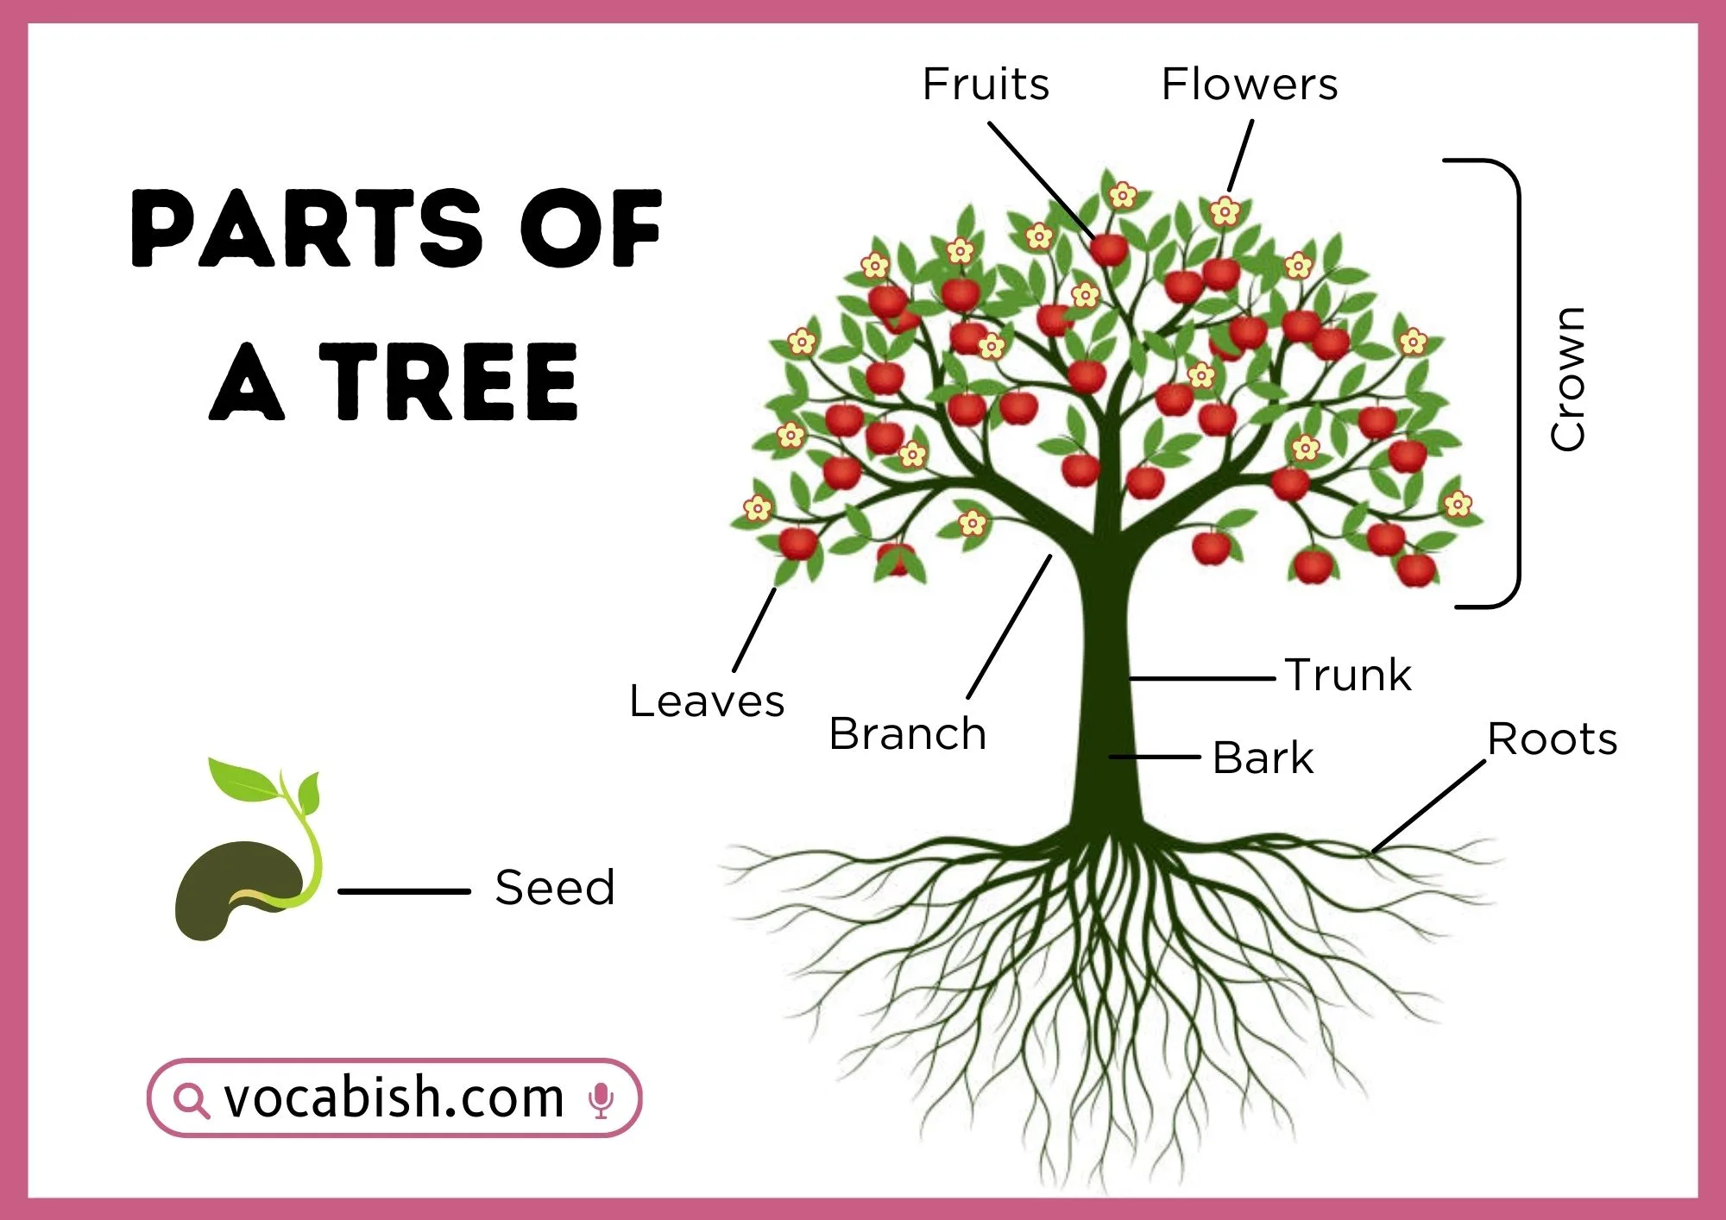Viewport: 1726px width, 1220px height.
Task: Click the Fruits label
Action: tap(986, 85)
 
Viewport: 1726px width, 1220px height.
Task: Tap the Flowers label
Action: tap(1249, 85)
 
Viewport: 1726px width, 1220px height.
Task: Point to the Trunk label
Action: tap(1348, 675)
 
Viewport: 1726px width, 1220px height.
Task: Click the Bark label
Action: tap(1263, 758)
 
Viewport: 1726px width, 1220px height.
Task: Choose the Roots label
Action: tap(1552, 739)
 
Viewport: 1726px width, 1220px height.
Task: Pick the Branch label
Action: tap(907, 734)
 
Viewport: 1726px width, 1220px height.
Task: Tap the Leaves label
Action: tap(707, 701)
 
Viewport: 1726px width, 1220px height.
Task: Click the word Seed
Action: tap(555, 888)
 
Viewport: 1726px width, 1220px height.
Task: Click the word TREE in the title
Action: tap(448, 381)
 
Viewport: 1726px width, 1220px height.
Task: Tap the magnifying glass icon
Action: tap(190, 1100)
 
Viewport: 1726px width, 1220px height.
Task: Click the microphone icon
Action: tap(601, 1099)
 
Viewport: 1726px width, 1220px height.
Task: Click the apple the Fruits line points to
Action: tap(1108, 249)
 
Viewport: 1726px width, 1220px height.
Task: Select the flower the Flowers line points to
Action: tap(1224, 211)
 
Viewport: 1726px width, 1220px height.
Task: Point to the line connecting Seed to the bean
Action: tap(404, 891)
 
